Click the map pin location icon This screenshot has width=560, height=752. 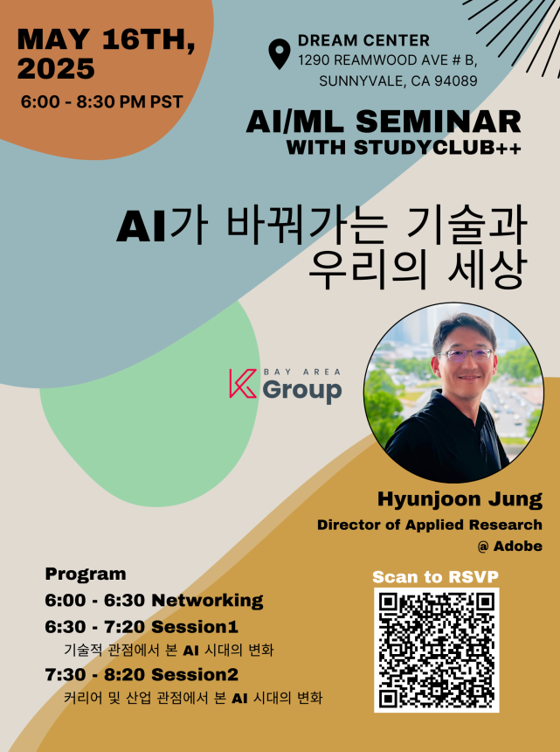[280, 53]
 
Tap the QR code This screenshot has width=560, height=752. [437, 650]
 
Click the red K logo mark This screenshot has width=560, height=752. [243, 383]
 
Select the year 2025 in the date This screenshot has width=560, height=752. [56, 68]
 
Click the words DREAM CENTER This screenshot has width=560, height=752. [363, 40]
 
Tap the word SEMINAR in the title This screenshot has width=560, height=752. [439, 122]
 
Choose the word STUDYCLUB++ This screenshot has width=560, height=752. [438, 147]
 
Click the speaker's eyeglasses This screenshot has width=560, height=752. [465, 354]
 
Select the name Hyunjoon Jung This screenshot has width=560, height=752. [460, 500]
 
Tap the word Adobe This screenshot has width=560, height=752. [518, 546]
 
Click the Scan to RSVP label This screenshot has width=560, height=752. [435, 576]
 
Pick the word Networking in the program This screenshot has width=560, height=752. [207, 601]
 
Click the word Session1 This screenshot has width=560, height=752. [195, 626]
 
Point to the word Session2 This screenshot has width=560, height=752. [195, 674]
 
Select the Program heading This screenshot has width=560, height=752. [86, 574]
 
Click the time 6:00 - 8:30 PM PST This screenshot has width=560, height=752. [101, 101]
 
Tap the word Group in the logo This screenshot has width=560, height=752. [301, 390]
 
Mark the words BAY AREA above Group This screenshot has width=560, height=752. [302, 372]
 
